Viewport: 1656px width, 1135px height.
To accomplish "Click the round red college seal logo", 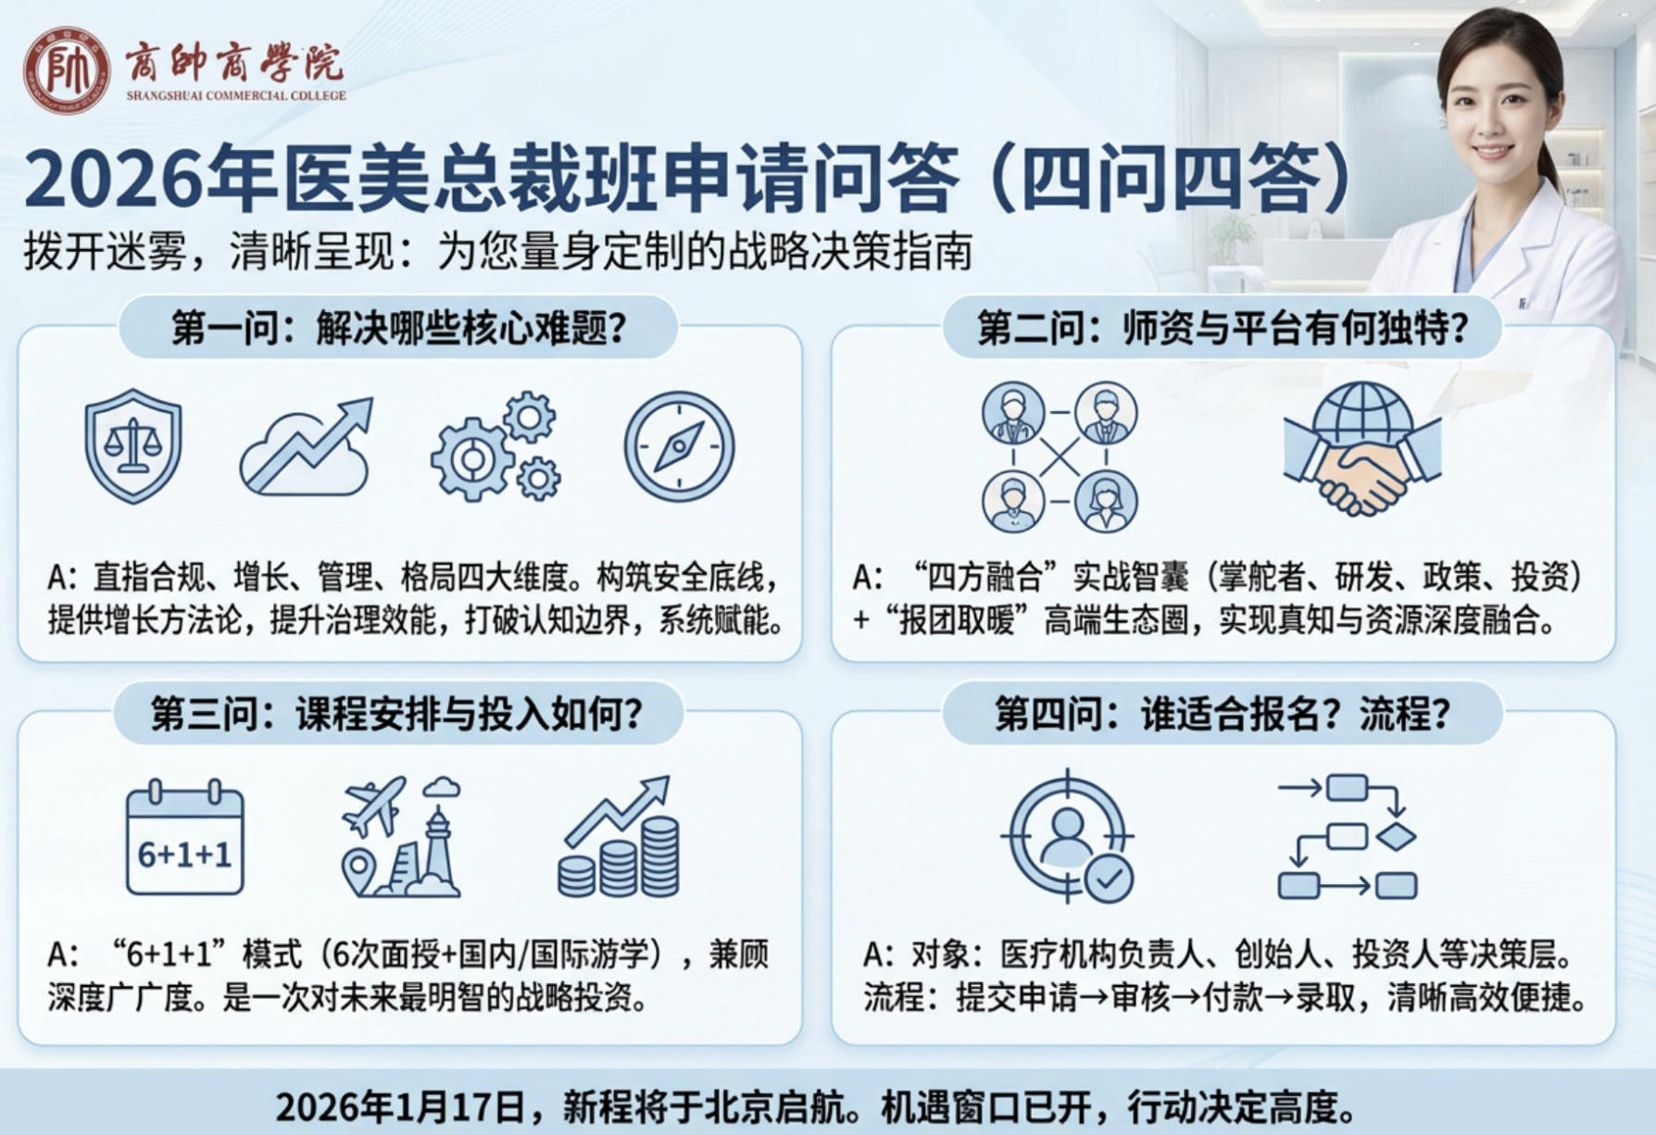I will (66, 70).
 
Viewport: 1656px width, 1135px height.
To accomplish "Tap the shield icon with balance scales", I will (133, 445).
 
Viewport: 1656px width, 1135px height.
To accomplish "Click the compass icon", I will (679, 446).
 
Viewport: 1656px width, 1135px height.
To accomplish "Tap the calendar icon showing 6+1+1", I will (184, 839).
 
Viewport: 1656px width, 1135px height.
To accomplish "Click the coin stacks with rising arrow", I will (619, 839).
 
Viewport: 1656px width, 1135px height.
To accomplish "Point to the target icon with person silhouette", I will (1068, 836).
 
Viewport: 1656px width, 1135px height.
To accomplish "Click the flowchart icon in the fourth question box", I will (1348, 837).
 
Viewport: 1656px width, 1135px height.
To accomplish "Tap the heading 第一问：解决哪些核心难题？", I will (399, 328).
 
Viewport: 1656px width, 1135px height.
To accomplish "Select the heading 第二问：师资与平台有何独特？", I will (1223, 328).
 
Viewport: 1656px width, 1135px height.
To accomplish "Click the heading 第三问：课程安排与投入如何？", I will (397, 714).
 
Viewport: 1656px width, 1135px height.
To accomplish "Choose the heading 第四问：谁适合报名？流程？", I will (1223, 714).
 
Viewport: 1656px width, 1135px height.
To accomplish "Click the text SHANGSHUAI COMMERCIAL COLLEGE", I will (236, 95).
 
